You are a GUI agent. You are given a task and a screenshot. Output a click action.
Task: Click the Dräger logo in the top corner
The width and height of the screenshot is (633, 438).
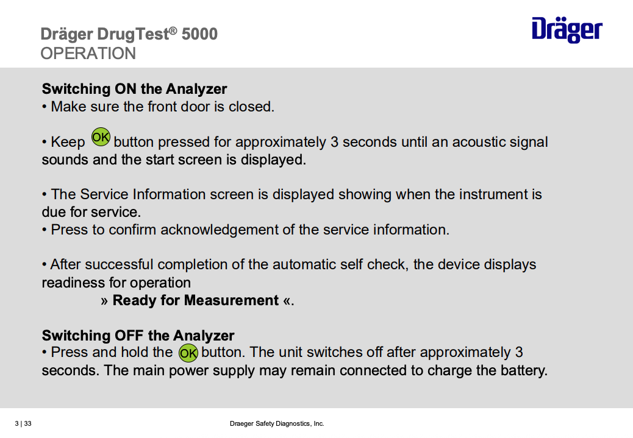pos(567,29)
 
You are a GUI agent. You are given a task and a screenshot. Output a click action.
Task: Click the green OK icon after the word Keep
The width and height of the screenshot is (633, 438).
pos(101,138)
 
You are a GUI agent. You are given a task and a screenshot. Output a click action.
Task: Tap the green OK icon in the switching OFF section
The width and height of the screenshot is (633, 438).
pos(188,353)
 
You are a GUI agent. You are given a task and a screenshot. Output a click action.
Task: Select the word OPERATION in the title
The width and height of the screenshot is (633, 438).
pos(88,54)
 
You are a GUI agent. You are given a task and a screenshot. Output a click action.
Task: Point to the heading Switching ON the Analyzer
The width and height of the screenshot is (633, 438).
pos(134,89)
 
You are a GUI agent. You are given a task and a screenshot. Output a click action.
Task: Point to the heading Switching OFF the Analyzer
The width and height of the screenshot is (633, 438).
pos(138,336)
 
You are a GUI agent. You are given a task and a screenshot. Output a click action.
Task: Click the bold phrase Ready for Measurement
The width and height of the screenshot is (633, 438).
pos(196,300)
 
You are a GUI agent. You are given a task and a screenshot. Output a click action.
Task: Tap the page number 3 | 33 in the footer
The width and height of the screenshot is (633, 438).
pos(23,423)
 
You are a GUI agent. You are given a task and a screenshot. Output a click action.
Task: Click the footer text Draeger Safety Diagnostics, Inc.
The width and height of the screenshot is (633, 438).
pos(277,423)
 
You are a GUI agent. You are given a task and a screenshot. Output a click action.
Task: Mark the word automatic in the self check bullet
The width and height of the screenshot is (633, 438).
pos(304,265)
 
